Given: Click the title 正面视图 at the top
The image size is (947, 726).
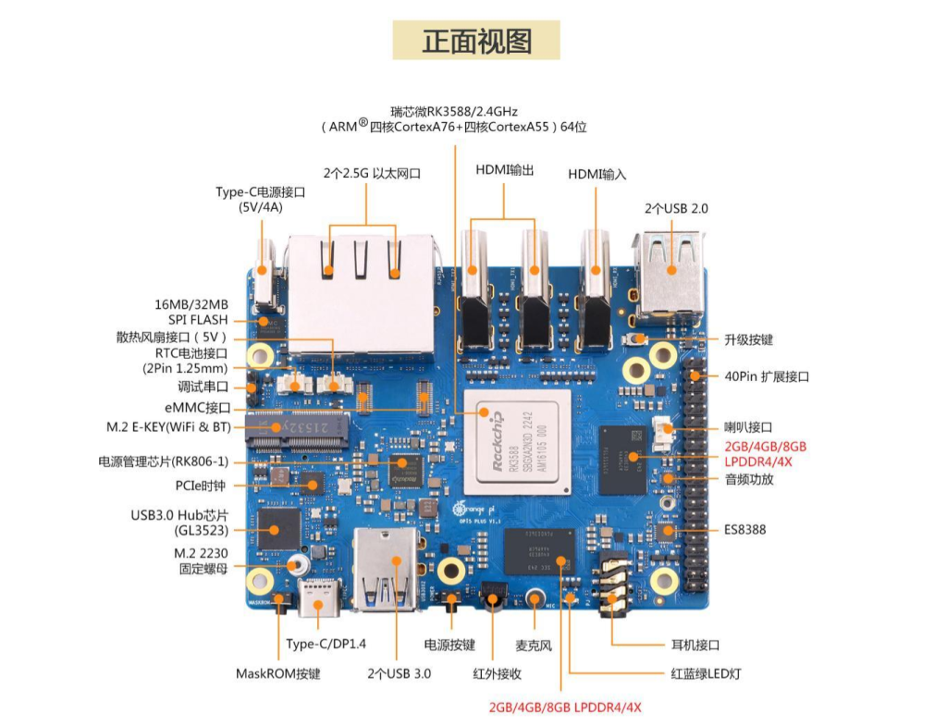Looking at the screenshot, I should [x=476, y=42].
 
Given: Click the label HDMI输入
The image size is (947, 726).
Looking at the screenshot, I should [x=596, y=174].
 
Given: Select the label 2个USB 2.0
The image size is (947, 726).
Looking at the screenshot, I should [x=676, y=209].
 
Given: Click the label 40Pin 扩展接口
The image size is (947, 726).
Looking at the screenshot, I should [x=767, y=376].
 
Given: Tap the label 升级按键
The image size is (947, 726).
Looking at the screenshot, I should [x=748, y=340].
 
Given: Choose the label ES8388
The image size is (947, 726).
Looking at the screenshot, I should [x=744, y=530].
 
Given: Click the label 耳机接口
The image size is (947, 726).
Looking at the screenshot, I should [x=695, y=645].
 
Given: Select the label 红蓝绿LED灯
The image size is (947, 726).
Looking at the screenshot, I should [x=705, y=673].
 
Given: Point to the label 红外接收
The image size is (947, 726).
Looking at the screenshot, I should [x=496, y=673].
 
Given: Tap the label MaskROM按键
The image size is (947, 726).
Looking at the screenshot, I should [x=277, y=673].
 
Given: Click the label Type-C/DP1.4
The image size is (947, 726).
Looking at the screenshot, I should [x=326, y=645].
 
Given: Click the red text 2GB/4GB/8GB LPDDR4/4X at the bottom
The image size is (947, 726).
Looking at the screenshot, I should [x=565, y=708].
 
